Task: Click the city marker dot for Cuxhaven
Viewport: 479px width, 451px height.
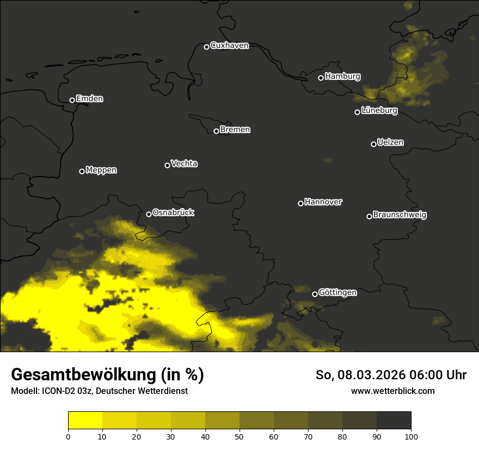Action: click(206, 47)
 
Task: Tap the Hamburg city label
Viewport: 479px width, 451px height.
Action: click(342, 77)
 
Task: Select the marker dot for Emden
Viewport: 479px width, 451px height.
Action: click(72, 100)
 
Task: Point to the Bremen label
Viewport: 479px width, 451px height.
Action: click(235, 130)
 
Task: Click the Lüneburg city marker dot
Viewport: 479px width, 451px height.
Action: click(357, 112)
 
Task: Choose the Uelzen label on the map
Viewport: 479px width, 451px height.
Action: click(390, 142)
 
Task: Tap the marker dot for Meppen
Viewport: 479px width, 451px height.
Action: click(82, 171)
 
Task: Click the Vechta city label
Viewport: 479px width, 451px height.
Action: click(184, 164)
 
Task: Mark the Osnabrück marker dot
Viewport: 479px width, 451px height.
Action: click(149, 214)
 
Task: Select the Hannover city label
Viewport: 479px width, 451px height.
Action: click(323, 202)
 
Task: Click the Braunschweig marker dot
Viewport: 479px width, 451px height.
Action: click(369, 216)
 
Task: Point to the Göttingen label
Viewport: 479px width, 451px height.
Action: click(337, 292)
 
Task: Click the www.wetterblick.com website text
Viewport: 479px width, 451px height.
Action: click(392, 391)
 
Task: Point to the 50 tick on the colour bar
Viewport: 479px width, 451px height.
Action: click(239, 436)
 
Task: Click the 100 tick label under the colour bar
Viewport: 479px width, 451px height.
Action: click(411, 436)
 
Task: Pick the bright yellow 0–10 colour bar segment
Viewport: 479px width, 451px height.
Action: click(85, 420)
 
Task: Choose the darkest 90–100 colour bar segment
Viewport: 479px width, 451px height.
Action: click(394, 420)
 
